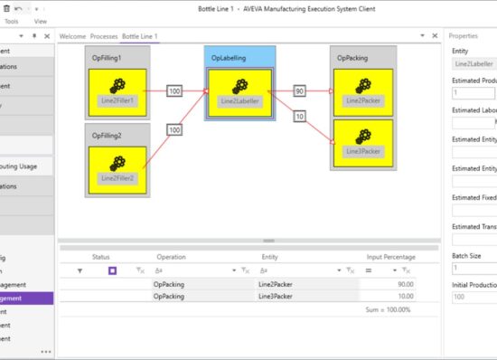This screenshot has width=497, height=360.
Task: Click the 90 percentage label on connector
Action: (x=299, y=91)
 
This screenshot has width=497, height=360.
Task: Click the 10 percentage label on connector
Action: (x=299, y=117)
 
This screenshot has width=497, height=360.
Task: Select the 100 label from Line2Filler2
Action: (x=174, y=129)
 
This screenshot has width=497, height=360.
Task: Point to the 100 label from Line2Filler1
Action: (x=174, y=91)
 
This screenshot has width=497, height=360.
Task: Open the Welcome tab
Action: (x=71, y=36)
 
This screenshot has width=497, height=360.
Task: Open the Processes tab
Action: (x=104, y=36)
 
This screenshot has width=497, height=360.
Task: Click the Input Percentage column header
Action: (x=391, y=257)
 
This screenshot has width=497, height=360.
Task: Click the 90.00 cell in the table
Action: (x=399, y=284)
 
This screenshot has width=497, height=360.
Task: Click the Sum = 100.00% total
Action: (x=388, y=309)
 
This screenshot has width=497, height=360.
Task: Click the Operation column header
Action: (x=171, y=257)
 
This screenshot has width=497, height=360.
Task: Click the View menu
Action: (x=41, y=20)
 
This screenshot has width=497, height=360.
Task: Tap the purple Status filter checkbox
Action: (x=113, y=270)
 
